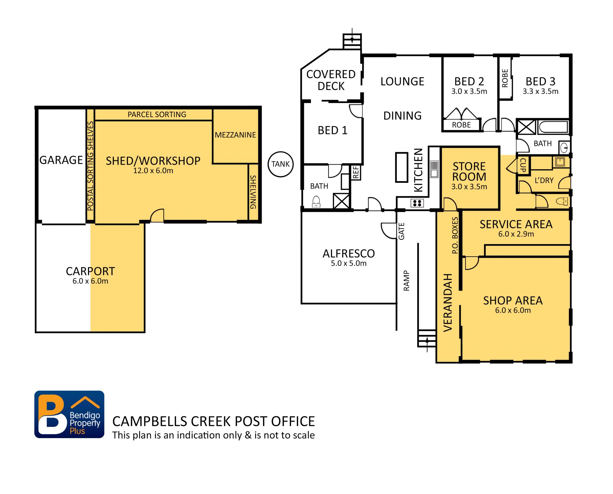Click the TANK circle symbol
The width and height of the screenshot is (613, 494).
tap(280, 164)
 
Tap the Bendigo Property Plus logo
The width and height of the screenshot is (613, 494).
tap(69, 414)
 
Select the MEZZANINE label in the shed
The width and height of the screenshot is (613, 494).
tap(235, 135)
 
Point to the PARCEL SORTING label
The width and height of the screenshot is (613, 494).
tap(157, 115)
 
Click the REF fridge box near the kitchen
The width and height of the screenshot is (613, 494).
tap(356, 173)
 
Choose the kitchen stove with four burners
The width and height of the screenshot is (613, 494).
tap(417, 203)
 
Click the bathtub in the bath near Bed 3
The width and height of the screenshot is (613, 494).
tap(553, 127)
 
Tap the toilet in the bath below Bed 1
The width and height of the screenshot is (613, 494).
tap(316, 202)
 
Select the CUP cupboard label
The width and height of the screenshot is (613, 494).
tap(523, 165)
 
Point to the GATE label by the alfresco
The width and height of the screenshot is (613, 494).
tap(401, 231)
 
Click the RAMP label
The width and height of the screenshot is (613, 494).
tap(406, 281)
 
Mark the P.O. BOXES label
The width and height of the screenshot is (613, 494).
tap(455, 235)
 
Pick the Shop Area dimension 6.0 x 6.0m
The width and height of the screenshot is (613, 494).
tap(513, 310)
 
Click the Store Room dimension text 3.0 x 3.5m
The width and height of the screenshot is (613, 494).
tap(469, 187)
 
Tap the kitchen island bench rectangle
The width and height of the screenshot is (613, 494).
tap(402, 167)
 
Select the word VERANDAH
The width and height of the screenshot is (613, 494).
tap(448, 303)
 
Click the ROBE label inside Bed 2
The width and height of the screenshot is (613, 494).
tap(461, 125)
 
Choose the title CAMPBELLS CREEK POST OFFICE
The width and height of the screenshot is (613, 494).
tap(214, 421)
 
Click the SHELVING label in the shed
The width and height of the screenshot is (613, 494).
tap(253, 192)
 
